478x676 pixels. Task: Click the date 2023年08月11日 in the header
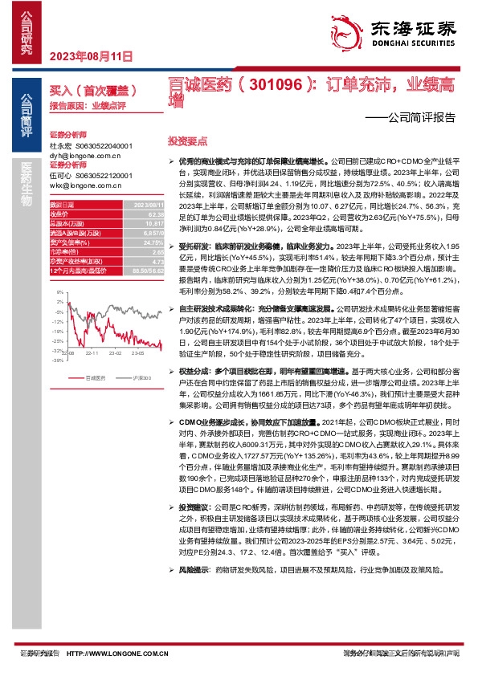coord(90,56)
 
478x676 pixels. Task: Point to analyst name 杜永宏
coord(61,146)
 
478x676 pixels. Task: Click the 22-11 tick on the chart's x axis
coord(91,352)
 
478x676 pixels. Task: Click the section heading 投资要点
coord(182,140)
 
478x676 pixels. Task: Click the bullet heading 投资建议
coord(194,507)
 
